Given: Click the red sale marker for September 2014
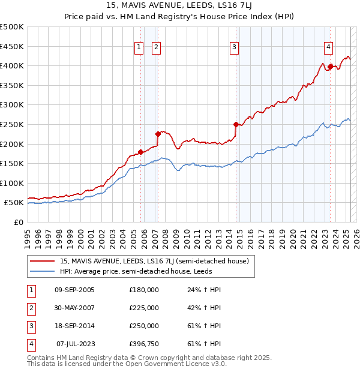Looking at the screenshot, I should coord(236,124).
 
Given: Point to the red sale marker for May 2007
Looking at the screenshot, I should coord(158,134).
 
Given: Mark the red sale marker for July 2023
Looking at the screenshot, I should coord(330,67).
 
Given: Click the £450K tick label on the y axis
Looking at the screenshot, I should coord(12,46).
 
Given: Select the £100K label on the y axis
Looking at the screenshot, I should coord(12,183).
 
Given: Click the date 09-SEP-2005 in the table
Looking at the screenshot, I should coord(74,290).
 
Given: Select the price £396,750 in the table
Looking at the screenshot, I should coord(144,344).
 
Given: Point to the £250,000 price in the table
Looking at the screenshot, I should coord(144,326).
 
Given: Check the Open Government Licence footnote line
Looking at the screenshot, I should coord(127,364).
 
